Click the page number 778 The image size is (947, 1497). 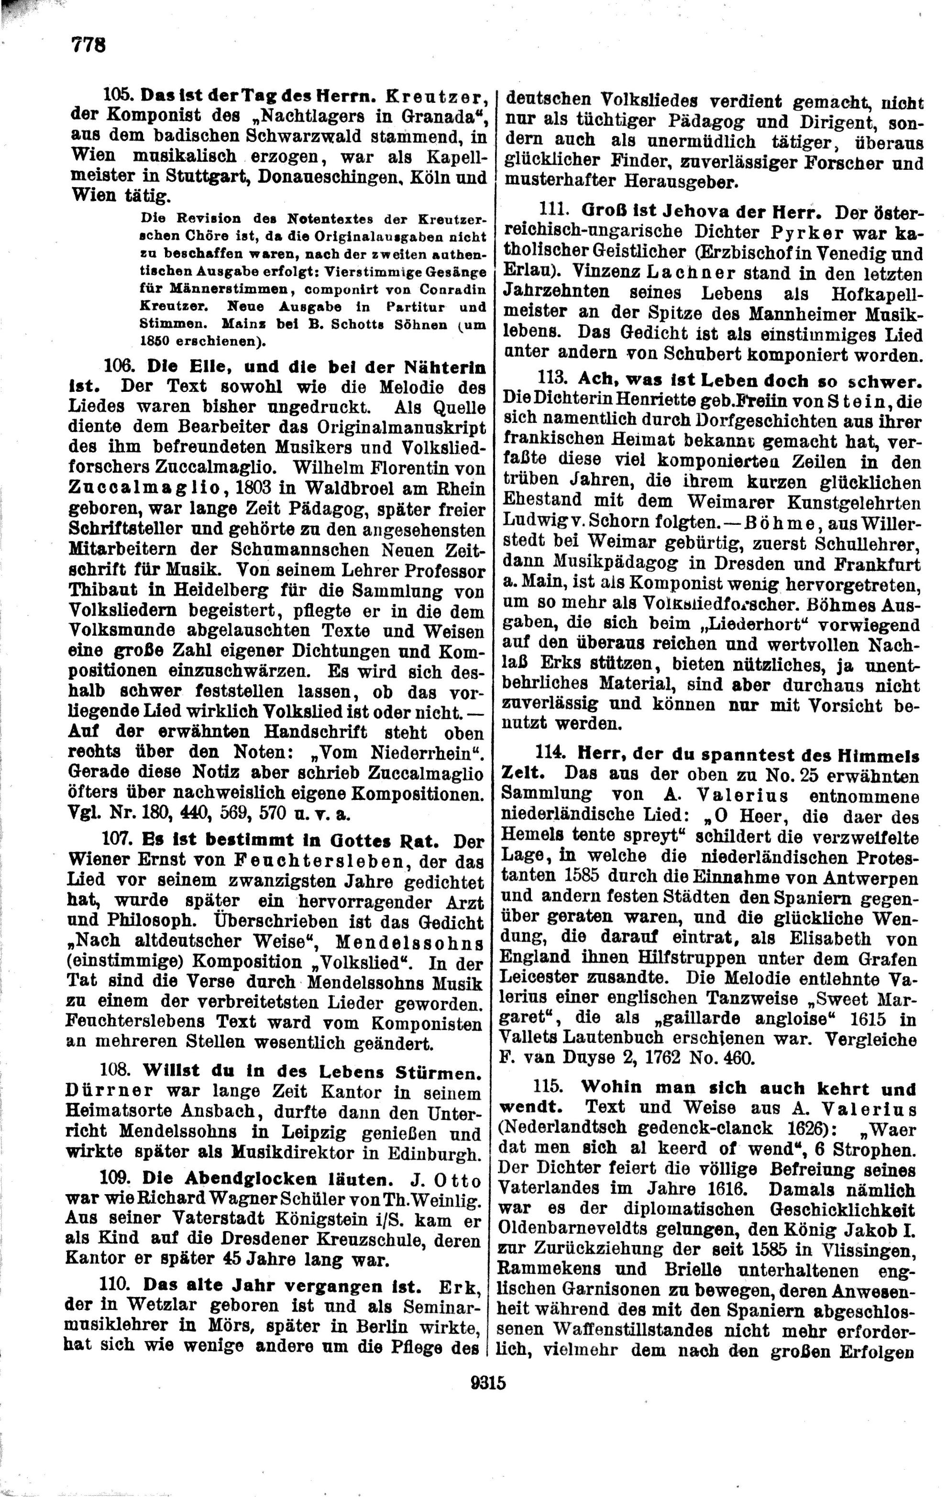(88, 45)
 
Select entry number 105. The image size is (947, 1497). (117, 96)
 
